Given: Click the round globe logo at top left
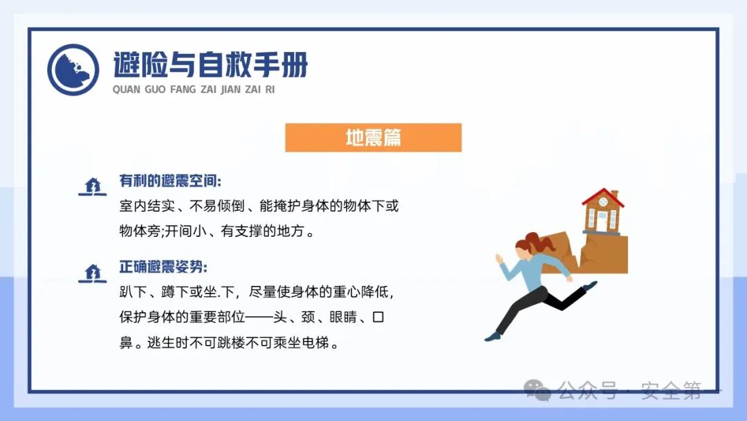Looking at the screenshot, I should pyautogui.click(x=73, y=70).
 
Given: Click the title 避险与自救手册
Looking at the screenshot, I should pyautogui.click(x=210, y=65).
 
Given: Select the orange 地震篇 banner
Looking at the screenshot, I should pyautogui.click(x=373, y=138).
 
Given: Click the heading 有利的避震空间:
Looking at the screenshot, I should pyautogui.click(x=170, y=181).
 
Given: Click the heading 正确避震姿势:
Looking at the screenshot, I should pyautogui.click(x=163, y=267).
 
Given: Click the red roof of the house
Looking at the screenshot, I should pyautogui.click(x=602, y=197).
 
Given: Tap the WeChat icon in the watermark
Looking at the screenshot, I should pyautogui.click(x=537, y=391).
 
